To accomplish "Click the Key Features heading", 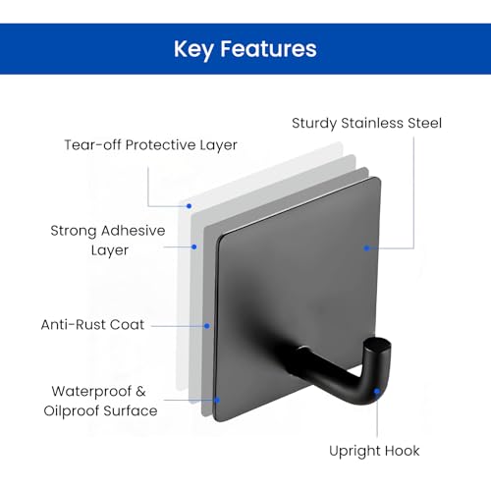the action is click(x=245, y=49).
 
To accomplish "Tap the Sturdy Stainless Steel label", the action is click(x=366, y=124).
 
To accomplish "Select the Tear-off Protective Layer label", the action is click(x=150, y=145).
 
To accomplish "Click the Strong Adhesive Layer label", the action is click(x=108, y=241).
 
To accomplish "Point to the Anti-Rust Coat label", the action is click(x=92, y=325).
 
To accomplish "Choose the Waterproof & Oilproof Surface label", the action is click(x=100, y=402).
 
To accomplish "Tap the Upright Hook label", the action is click(x=374, y=451).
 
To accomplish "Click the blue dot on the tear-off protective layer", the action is click(x=189, y=206).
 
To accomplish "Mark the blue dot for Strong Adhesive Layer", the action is click(x=194, y=246).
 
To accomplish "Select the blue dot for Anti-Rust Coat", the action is click(x=207, y=326).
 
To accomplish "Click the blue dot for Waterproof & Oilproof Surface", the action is click(x=217, y=400).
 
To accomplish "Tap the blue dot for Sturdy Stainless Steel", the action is click(x=367, y=248).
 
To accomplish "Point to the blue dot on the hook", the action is click(x=377, y=391).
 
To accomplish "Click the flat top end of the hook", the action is click(x=378, y=345).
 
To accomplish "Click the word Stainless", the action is click(x=372, y=123).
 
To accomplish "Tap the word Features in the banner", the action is click(x=268, y=49).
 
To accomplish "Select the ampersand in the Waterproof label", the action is click(x=140, y=391).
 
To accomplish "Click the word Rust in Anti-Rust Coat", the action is click(x=90, y=325).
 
